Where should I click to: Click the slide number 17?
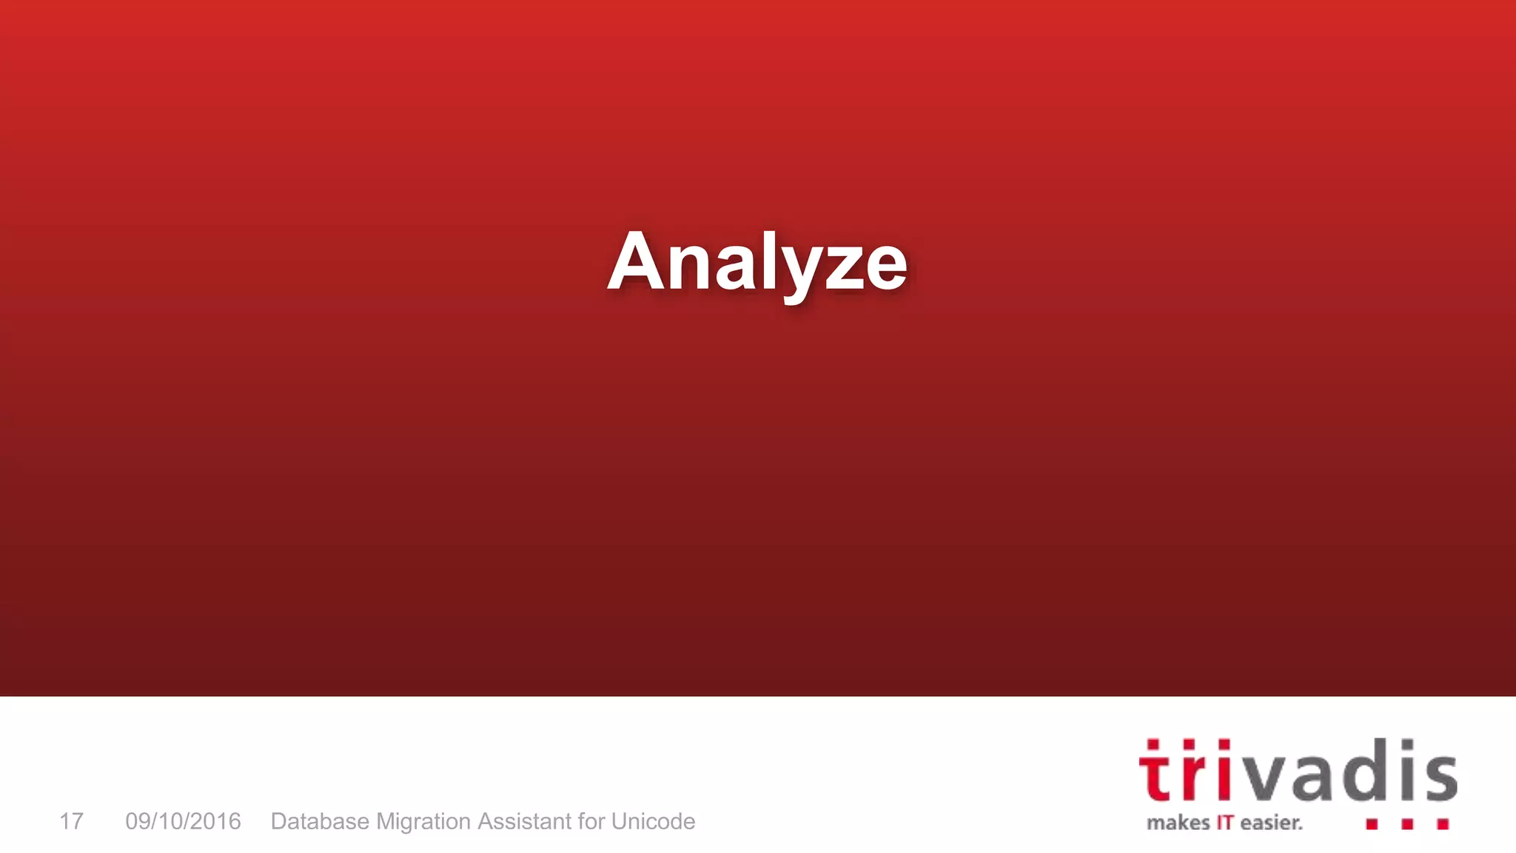[x=71, y=821]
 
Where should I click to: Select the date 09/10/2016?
[x=183, y=821]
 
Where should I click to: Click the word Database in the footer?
[x=320, y=821]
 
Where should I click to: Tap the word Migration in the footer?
[x=423, y=822]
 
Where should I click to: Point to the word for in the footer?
[x=591, y=821]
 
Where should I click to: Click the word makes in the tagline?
[x=1178, y=823]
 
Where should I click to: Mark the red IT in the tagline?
[x=1224, y=823]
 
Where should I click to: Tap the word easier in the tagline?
[x=1270, y=823]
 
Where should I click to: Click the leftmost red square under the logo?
[x=1372, y=824]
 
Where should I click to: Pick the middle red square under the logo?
[x=1407, y=824]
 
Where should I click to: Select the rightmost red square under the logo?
[x=1443, y=824]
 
